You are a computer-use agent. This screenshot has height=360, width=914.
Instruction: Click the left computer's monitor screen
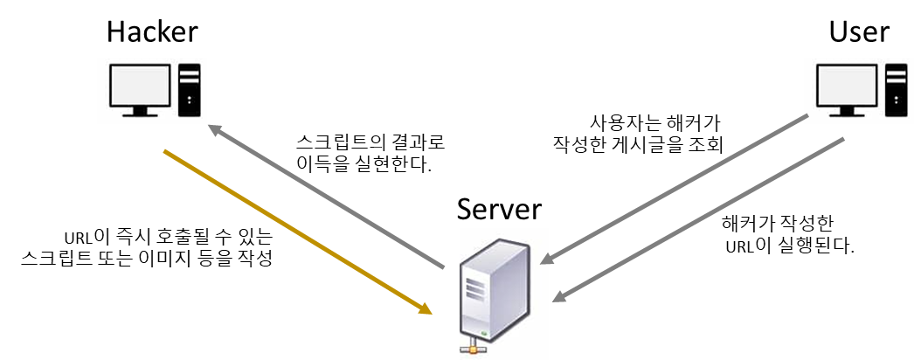pyautogui.click(x=139, y=85)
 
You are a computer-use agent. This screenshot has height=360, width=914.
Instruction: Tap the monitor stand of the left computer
pyautogui.click(x=139, y=110)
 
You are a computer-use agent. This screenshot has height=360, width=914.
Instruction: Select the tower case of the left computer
pyautogui.click(x=190, y=89)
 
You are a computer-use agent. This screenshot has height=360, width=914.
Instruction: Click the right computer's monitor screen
pyautogui.click(x=846, y=86)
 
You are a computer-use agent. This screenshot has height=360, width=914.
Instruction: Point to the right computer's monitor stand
pyautogui.click(x=846, y=111)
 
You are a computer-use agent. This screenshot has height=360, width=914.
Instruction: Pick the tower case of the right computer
pyautogui.click(x=897, y=90)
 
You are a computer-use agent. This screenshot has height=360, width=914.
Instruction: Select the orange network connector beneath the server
pyautogui.click(x=476, y=349)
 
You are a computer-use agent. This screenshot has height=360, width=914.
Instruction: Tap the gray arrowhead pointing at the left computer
pyautogui.click(x=214, y=129)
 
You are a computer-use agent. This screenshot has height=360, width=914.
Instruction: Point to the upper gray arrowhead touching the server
pyautogui.click(x=546, y=260)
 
